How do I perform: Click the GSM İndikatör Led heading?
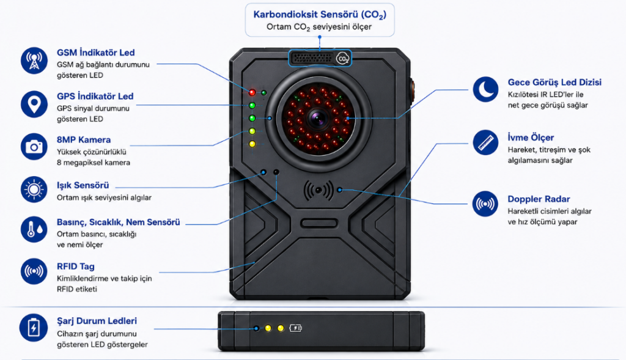(x=95, y=53)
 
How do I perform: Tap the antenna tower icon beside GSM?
(x=34, y=61)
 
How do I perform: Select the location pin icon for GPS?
(x=34, y=104)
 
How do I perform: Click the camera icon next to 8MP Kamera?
(x=34, y=147)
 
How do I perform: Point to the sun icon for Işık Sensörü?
(x=34, y=189)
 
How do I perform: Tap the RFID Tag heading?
(x=75, y=266)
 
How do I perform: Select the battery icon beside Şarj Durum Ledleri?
(x=34, y=328)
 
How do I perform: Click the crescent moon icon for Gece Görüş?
(x=485, y=89)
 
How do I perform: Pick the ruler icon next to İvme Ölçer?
(x=485, y=142)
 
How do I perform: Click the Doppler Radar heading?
(x=539, y=199)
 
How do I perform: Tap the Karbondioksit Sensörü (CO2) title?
(x=320, y=15)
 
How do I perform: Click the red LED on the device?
(x=252, y=92)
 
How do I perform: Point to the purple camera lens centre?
(x=318, y=118)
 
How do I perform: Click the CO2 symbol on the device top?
(x=342, y=59)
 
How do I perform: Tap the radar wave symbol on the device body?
(x=318, y=190)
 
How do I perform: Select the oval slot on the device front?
(x=319, y=222)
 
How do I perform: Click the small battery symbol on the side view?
(x=295, y=328)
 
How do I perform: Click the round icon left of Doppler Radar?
(x=485, y=204)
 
